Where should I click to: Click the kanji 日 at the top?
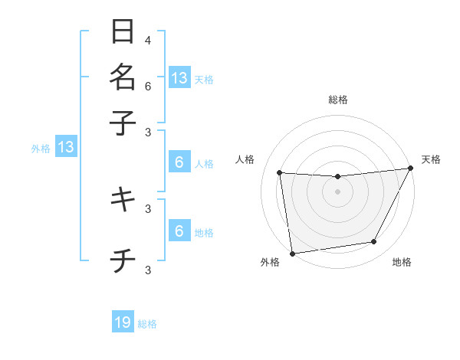tap(123, 32)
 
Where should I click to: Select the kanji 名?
tap(123, 77)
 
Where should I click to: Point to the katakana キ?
tap(123, 199)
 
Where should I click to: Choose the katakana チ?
tap(123, 263)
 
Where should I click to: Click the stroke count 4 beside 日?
tap(148, 40)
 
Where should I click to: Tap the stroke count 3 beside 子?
tap(148, 133)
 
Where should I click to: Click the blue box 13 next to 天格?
tap(179, 77)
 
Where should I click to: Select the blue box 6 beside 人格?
tap(179, 162)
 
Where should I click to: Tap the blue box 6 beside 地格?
tap(179, 231)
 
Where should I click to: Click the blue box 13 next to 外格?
tap(66, 147)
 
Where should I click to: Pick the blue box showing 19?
tap(123, 322)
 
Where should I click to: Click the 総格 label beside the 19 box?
tap(147, 324)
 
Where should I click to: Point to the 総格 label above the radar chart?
tap(337, 100)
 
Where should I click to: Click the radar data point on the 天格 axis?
tap(410, 169)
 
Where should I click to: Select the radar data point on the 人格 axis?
tap(280, 173)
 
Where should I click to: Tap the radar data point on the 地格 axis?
tap(374, 242)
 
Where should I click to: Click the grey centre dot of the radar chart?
tap(337, 191)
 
